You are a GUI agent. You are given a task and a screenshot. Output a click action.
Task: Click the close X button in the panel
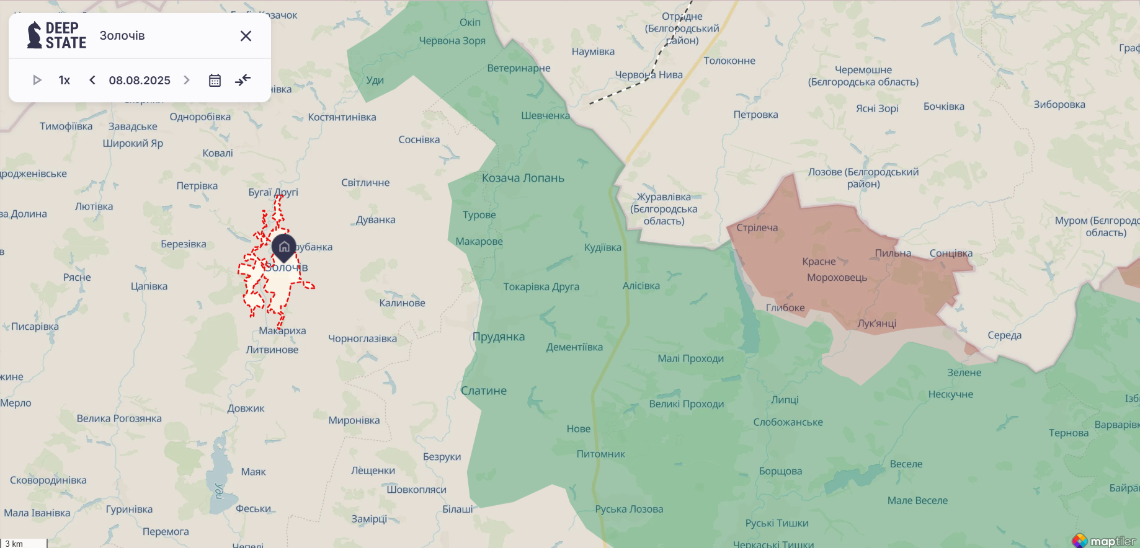click(246, 36)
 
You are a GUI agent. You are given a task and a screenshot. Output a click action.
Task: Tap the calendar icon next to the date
click(215, 81)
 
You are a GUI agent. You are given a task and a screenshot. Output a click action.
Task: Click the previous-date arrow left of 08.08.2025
click(92, 80)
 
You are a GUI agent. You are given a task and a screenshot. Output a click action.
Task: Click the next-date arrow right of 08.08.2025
click(187, 80)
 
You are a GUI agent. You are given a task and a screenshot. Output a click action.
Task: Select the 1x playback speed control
click(65, 80)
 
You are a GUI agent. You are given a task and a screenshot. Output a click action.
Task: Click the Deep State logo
click(56, 35)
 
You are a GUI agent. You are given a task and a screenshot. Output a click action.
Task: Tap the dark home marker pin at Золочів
click(284, 247)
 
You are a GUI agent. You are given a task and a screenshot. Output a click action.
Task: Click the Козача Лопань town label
click(523, 178)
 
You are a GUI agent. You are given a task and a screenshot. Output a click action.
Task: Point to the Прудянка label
click(499, 337)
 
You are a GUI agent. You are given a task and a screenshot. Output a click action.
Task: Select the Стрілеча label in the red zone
click(757, 228)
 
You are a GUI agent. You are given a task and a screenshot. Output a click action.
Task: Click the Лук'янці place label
click(876, 323)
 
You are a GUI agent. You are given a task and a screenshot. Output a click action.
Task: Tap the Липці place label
click(785, 400)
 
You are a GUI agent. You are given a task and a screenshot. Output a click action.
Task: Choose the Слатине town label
click(484, 391)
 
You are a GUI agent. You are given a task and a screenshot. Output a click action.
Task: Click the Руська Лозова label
click(629, 509)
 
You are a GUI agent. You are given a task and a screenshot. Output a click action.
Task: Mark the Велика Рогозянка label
click(119, 418)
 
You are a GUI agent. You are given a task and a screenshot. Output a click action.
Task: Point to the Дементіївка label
click(574, 347)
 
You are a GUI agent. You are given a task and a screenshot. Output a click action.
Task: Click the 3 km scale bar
click(24, 543)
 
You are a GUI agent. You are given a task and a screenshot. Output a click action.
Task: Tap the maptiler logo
click(1105, 541)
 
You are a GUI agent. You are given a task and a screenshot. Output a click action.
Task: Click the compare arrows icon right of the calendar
click(243, 80)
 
